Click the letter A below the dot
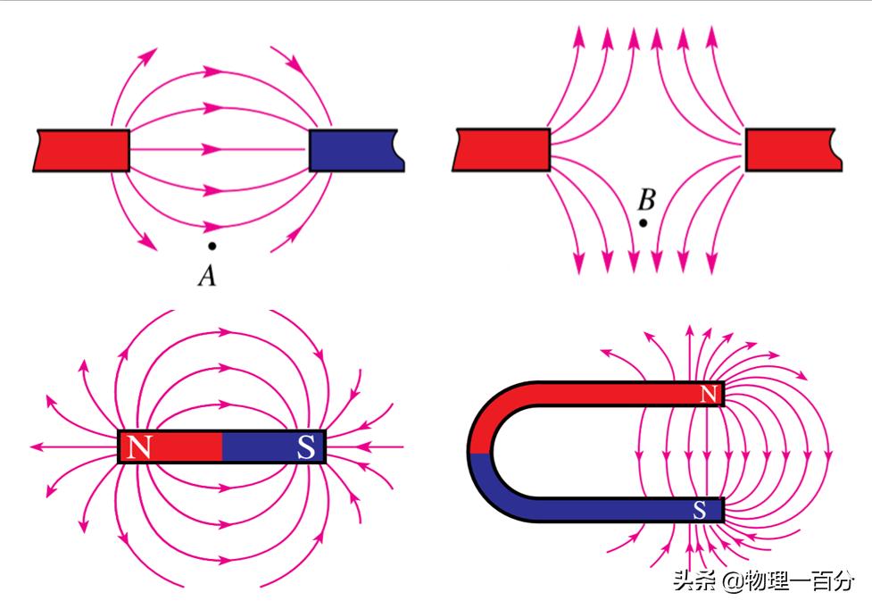click(207, 277)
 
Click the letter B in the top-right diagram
click(646, 199)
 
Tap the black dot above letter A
click(212, 246)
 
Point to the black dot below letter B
click(643, 222)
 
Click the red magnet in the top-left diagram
click(82, 150)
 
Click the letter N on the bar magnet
click(138, 446)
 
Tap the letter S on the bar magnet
click(305, 447)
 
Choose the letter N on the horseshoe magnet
click(709, 394)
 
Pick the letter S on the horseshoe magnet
click(700, 510)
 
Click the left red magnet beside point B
click(502, 149)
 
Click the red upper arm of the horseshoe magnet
click(598, 394)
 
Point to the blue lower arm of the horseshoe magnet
click(598, 510)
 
